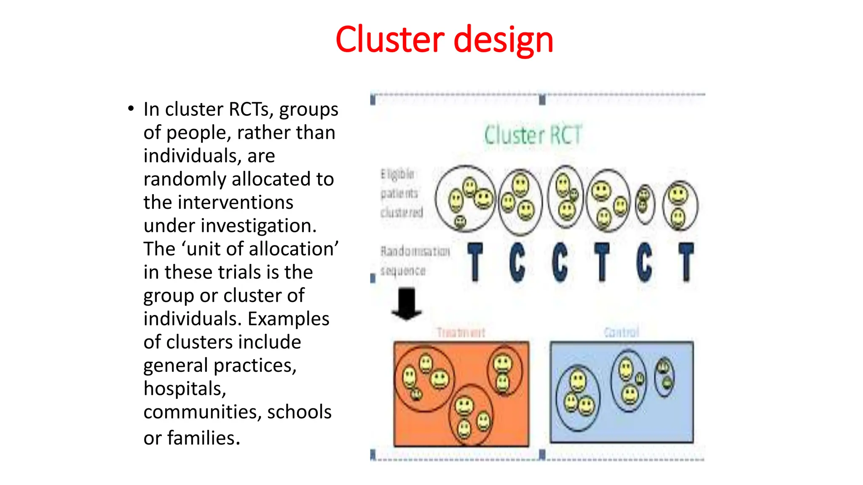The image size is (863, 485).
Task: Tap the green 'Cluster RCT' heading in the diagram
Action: pyautogui.click(x=533, y=135)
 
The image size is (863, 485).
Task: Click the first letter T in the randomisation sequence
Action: pyautogui.click(x=475, y=262)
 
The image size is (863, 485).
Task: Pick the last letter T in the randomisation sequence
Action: pyautogui.click(x=686, y=262)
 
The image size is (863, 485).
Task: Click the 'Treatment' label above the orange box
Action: pyautogui.click(x=461, y=333)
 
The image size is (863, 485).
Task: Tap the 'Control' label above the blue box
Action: pyautogui.click(x=622, y=332)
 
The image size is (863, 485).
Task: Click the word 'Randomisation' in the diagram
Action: pyautogui.click(x=415, y=251)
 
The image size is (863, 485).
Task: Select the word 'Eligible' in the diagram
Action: pyautogui.click(x=397, y=174)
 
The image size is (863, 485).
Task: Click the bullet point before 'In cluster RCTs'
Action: pyautogui.click(x=131, y=109)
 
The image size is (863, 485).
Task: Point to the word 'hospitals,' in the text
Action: pyautogui.click(x=185, y=389)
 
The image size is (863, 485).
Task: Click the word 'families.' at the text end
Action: pyautogui.click(x=204, y=438)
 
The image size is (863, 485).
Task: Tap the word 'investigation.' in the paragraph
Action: pyautogui.click(x=258, y=226)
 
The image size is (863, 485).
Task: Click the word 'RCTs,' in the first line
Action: pyautogui.click(x=251, y=109)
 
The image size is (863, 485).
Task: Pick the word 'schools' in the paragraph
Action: pyautogui.click(x=299, y=412)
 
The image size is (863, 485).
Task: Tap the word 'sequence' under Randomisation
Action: pyautogui.click(x=403, y=271)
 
